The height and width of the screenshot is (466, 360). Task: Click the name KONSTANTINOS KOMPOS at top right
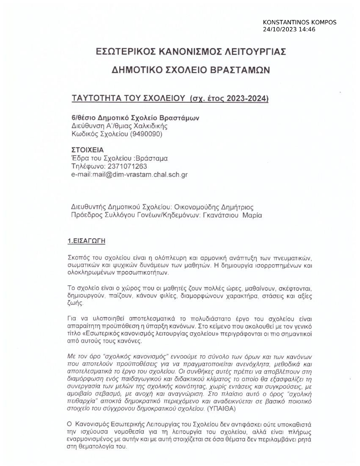tap(299, 22)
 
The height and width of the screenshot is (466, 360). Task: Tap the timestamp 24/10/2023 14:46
tap(289, 29)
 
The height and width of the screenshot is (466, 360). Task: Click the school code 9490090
tap(146, 134)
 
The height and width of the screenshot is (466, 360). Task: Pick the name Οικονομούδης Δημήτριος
tap(214, 207)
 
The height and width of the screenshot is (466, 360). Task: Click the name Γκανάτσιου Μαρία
tap(232, 215)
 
